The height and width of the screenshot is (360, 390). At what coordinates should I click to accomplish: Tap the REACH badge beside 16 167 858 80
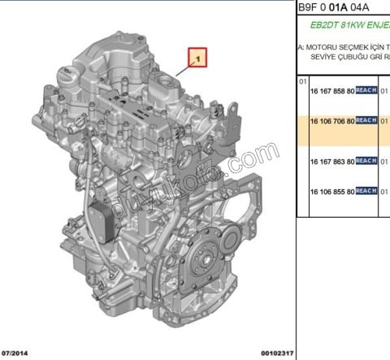[366, 90]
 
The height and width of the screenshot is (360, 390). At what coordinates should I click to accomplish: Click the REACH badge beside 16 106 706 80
[366, 120]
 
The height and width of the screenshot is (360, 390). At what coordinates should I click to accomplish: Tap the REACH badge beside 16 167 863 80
[366, 162]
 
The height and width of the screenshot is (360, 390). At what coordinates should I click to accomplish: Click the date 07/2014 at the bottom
[17, 353]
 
